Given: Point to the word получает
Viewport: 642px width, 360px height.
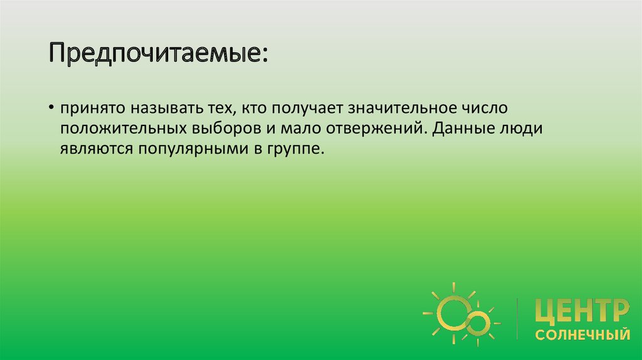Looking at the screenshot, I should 305,109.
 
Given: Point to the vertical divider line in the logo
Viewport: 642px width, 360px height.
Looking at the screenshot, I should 517,319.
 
